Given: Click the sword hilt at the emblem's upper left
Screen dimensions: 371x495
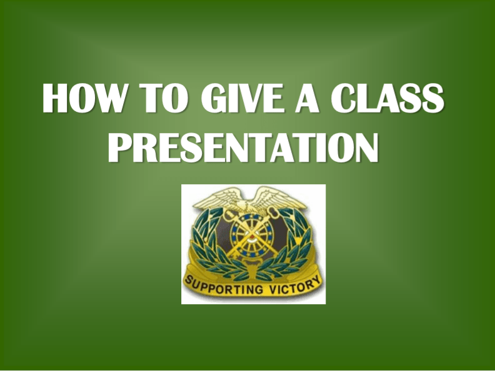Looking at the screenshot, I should pos(220,216).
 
